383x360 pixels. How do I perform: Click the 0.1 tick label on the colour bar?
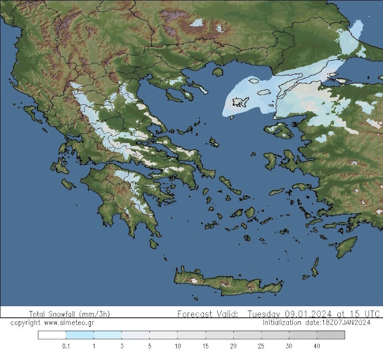(66, 346)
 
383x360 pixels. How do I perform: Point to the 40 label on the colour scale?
(317, 346)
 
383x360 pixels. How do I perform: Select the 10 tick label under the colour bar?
(177, 346)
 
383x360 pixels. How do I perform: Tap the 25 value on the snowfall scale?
(261, 346)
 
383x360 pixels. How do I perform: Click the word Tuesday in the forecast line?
(262, 314)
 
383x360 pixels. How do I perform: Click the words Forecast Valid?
(207, 314)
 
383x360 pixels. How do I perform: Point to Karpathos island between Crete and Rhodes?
(315, 267)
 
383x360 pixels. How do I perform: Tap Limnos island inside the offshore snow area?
(240, 102)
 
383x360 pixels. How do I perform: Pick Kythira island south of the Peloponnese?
(154, 243)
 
